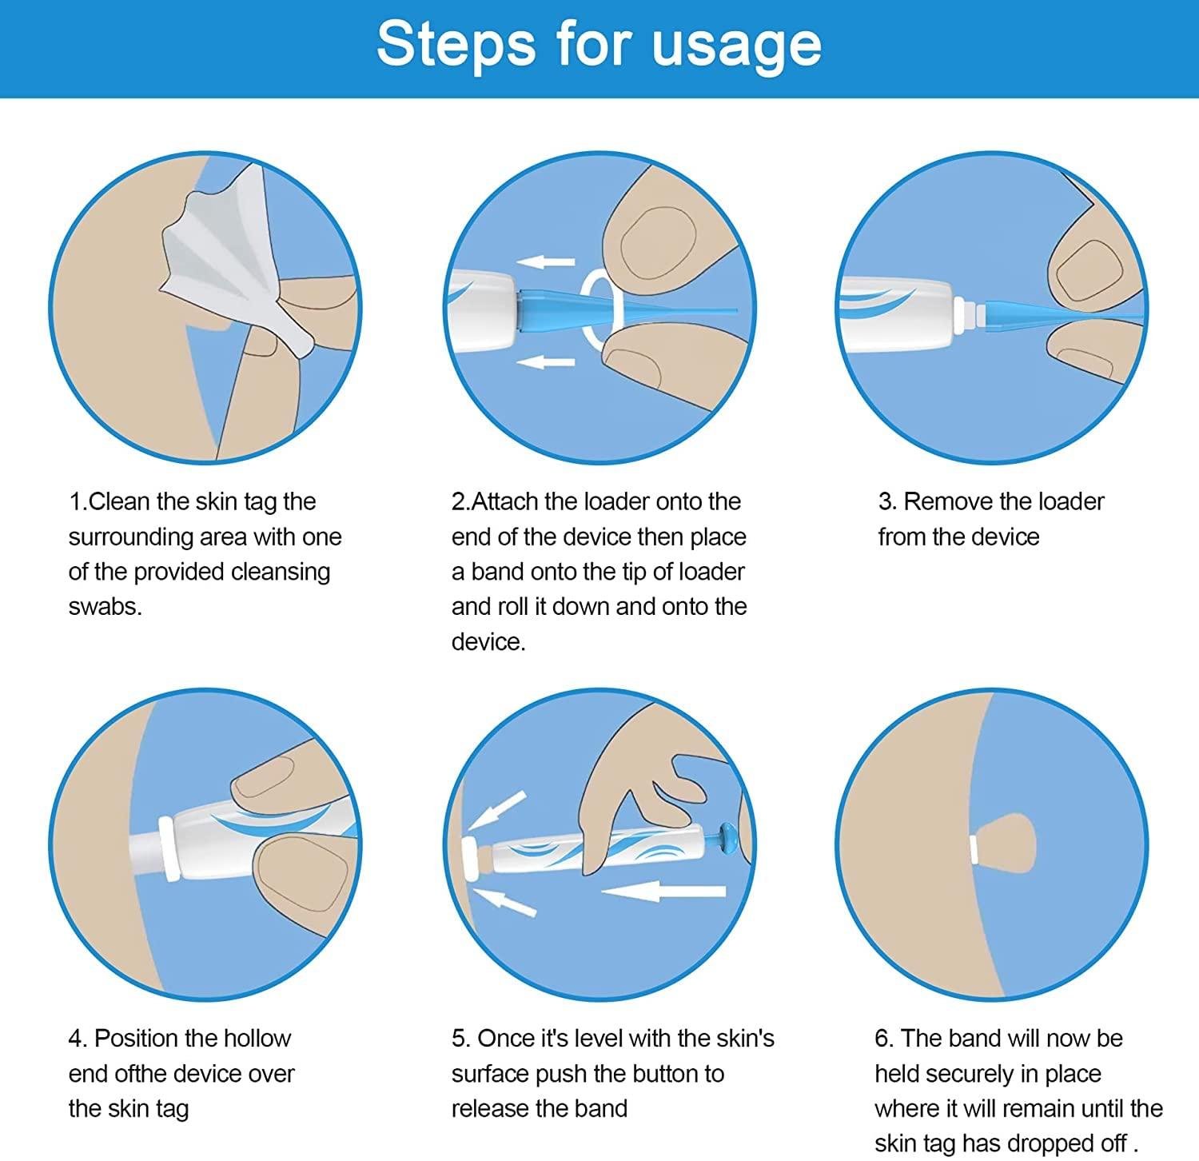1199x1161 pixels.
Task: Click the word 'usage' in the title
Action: pyautogui.click(x=736, y=46)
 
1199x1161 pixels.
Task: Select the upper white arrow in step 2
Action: pyautogui.click(x=545, y=261)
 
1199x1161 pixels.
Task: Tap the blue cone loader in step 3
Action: pyautogui.click(x=1019, y=313)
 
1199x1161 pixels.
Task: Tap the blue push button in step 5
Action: pyautogui.click(x=729, y=840)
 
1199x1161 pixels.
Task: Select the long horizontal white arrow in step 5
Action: pyautogui.click(x=663, y=890)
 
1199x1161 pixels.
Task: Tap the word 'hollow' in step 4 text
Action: pyautogui.click(x=257, y=1038)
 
